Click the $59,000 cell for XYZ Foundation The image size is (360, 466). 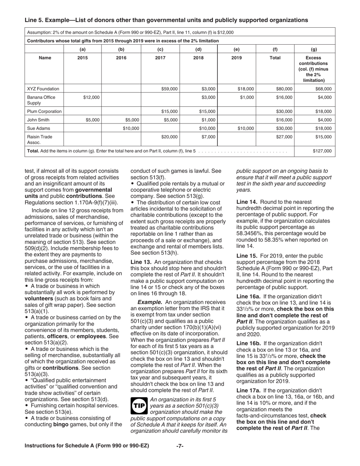click(169, 89)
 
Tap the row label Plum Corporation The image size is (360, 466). click(44, 111)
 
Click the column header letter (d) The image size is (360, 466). click(198, 49)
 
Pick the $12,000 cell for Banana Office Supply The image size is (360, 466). click(91, 97)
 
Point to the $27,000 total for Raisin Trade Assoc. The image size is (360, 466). click(284, 137)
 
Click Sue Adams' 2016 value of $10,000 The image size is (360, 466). click(131, 128)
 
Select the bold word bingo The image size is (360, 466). click(61, 424)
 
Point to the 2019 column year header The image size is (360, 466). click(237, 58)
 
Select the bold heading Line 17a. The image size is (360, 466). click(249, 390)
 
